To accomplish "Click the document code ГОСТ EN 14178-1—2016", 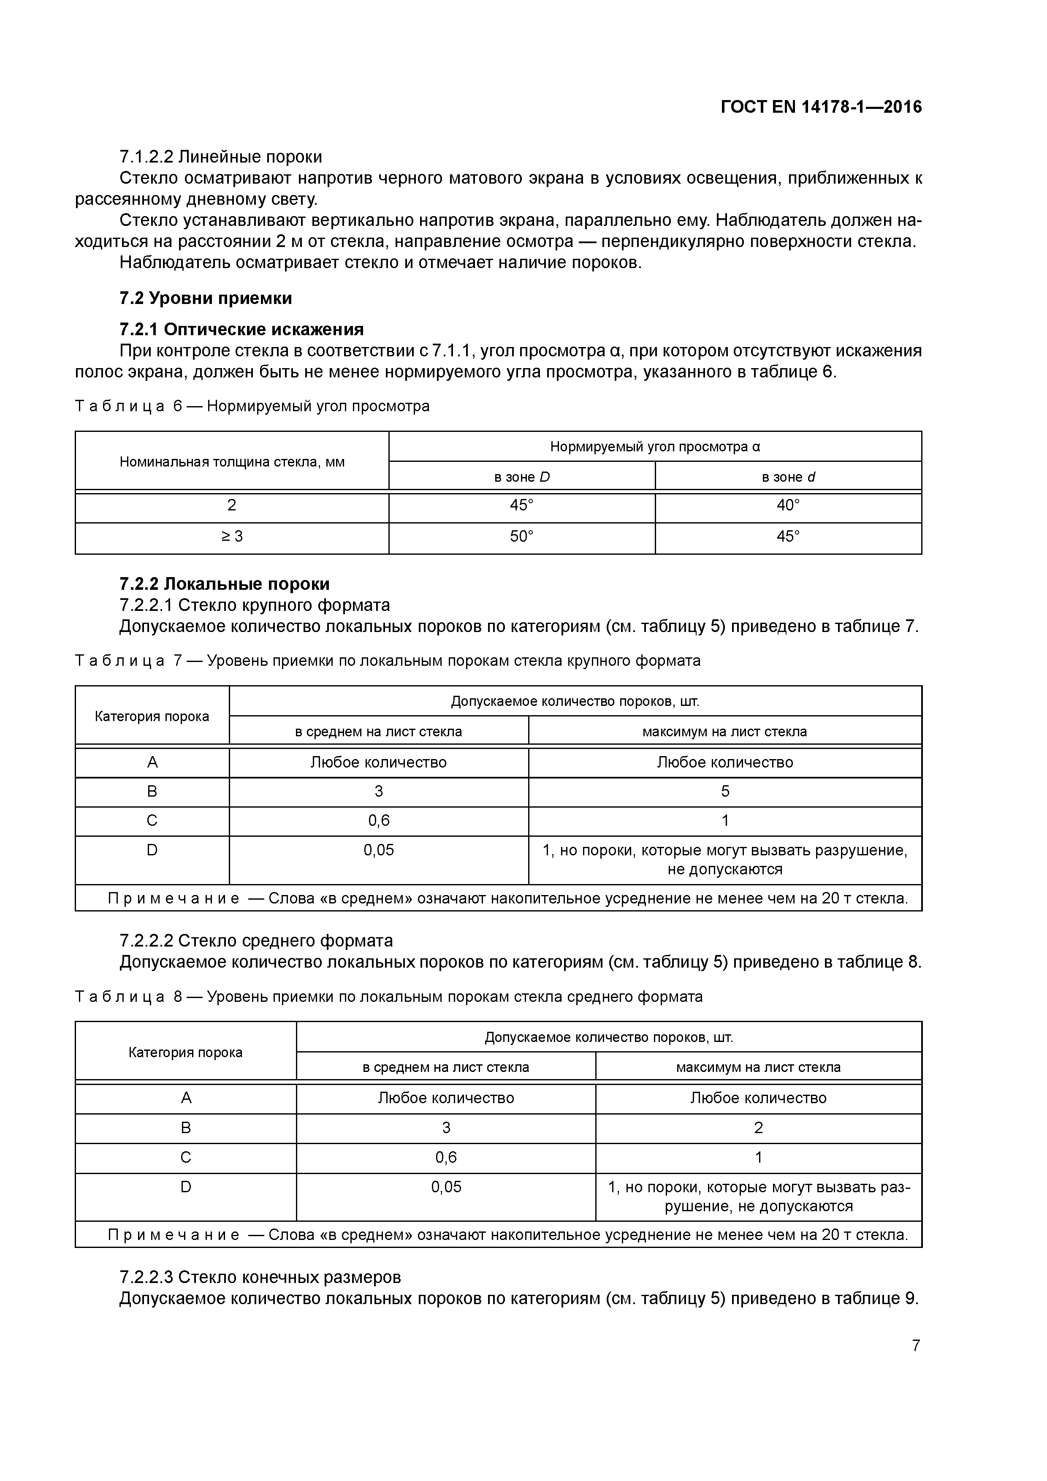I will pyautogui.click(x=821, y=107).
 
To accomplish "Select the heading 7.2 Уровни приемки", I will pyautogui.click(x=205, y=298).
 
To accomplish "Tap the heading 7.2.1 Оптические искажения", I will pyautogui.click(x=241, y=330).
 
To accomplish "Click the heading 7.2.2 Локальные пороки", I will pyautogui.click(x=225, y=584).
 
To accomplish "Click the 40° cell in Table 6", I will pyautogui.click(x=788, y=505).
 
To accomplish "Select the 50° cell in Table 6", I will pyautogui.click(x=521, y=537).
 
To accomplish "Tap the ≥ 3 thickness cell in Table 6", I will pyautogui.click(x=232, y=537).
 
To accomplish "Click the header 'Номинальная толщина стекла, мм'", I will pyautogui.click(x=232, y=462).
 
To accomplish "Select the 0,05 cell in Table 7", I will pyautogui.click(x=379, y=850).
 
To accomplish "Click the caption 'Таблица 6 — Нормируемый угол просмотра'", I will pyautogui.click(x=252, y=407).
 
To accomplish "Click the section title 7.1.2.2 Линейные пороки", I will pyautogui.click(x=221, y=157).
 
